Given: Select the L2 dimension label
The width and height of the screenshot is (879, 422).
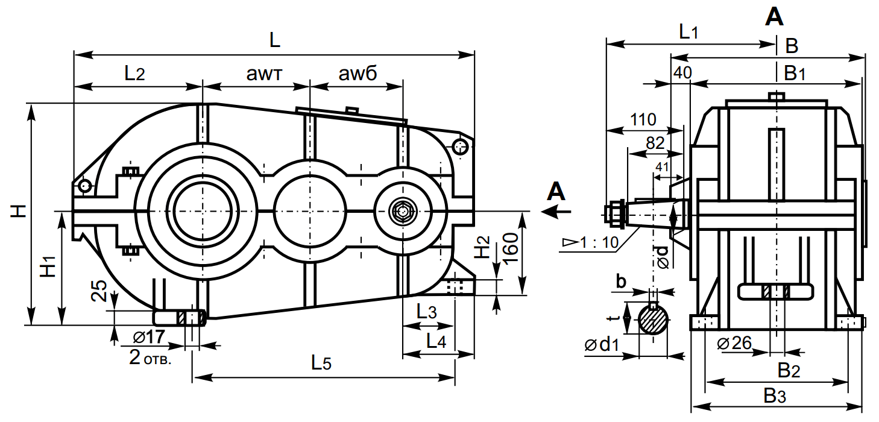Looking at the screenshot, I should (134, 74).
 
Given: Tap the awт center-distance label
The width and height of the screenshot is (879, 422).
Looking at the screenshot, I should (265, 74).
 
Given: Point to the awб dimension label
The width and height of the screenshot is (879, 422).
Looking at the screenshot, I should (358, 74).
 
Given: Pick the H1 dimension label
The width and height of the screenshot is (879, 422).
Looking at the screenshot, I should (48, 266).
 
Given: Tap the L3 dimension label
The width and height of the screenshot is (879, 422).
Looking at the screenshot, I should (426, 312).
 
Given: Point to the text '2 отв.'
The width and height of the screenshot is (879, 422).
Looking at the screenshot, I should (150, 358).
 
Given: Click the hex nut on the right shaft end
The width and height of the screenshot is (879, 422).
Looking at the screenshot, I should (614, 212).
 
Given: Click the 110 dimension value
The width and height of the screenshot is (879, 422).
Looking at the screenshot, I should (643, 119).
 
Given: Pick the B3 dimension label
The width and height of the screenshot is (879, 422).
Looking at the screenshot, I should (775, 396).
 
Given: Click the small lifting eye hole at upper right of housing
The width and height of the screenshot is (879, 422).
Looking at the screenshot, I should (460, 146).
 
